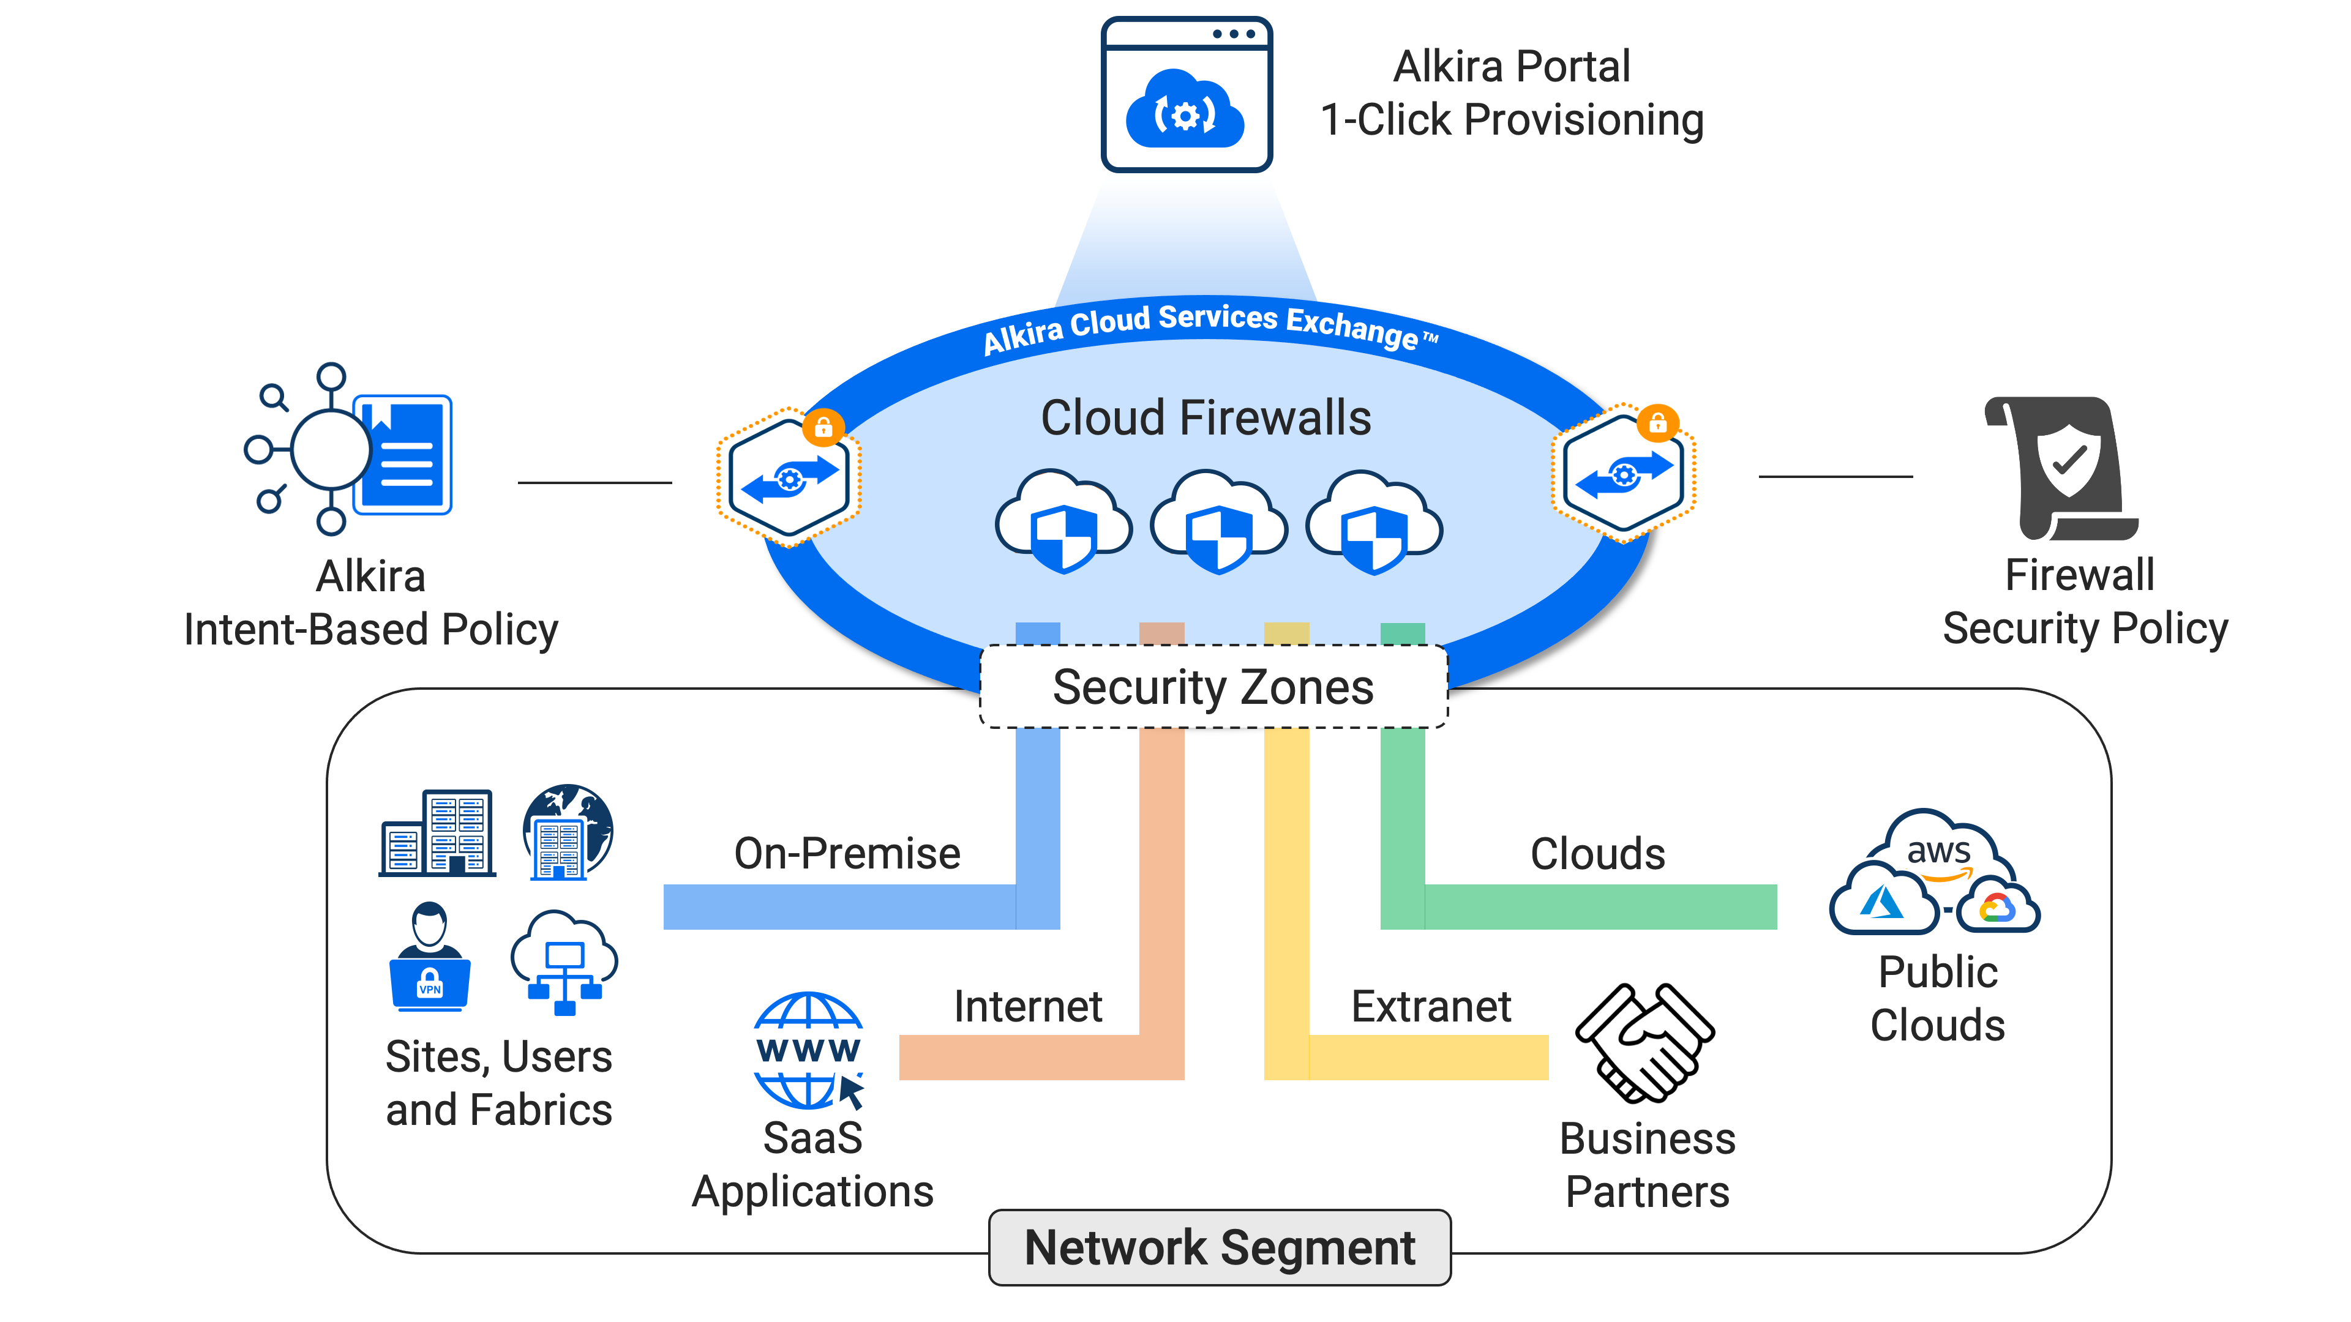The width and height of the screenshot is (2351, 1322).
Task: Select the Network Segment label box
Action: point(1220,1247)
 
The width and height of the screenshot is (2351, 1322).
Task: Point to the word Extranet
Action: point(1431,1006)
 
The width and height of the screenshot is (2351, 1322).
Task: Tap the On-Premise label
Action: point(847,854)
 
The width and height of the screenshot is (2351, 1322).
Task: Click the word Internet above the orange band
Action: point(1028,1006)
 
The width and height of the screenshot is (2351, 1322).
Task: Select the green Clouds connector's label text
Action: point(1597,854)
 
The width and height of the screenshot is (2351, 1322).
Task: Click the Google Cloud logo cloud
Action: point(1998,908)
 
